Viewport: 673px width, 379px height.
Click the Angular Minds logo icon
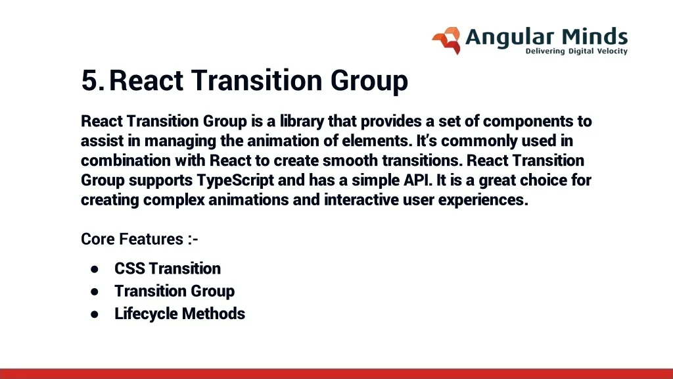point(446,41)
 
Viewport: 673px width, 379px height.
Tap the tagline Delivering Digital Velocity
point(576,51)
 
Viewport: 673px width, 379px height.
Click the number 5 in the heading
point(90,80)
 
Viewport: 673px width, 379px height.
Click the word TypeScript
point(235,180)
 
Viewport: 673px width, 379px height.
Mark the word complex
point(174,200)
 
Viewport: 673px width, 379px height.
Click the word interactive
point(361,200)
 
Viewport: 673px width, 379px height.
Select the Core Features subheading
point(139,239)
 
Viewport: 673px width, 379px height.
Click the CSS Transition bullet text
point(168,268)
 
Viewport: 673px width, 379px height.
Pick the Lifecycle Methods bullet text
point(179,314)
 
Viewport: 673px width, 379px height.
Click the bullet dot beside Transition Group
point(95,291)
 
